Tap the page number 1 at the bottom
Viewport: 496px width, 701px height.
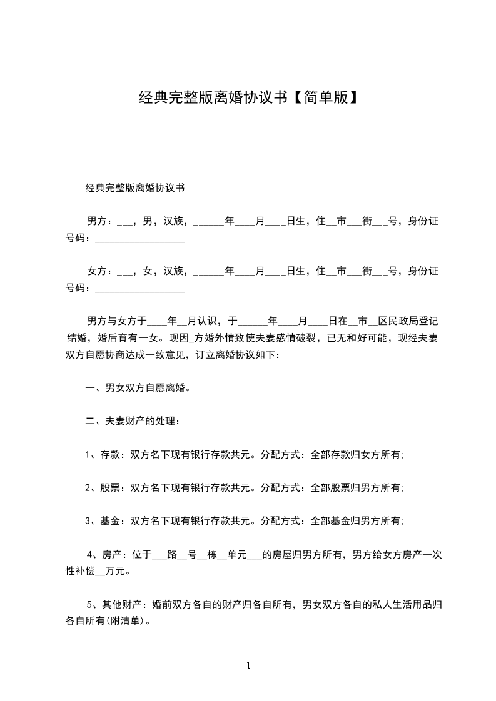(x=248, y=665)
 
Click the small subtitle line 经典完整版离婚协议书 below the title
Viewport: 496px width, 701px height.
(x=134, y=187)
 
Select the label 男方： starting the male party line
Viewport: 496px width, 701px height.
(x=100, y=221)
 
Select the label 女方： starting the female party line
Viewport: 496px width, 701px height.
(x=100, y=271)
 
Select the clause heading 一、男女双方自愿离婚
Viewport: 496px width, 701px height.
(x=138, y=388)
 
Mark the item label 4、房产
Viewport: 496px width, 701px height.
(x=102, y=554)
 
